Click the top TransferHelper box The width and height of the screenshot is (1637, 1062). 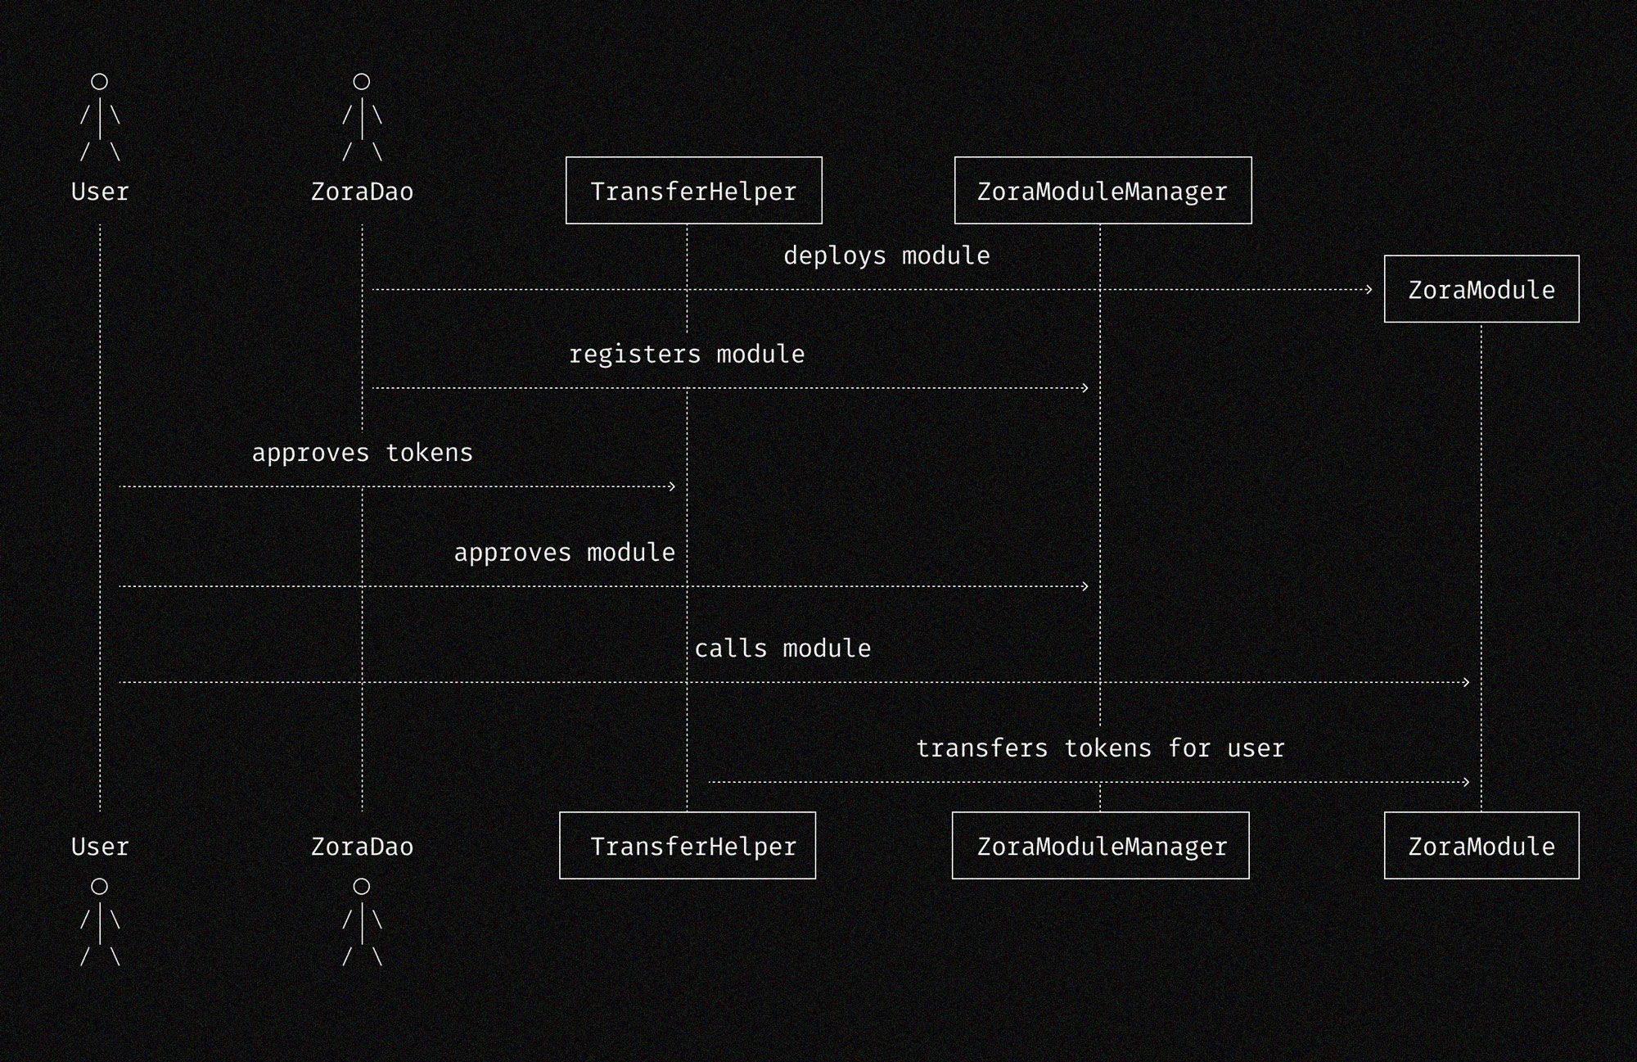pos(693,191)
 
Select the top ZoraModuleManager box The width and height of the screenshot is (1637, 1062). pos(1103,191)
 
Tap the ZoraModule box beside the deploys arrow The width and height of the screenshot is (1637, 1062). pos(1481,289)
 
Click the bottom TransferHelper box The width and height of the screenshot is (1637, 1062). pos(688,846)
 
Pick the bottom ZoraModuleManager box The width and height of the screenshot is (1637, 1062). pos(1100,846)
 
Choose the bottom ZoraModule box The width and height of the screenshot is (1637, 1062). pos(1481,846)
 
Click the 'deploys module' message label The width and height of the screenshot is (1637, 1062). pos(886,256)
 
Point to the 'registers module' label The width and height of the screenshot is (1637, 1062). pos(687,355)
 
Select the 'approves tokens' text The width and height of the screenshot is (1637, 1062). pos(362,453)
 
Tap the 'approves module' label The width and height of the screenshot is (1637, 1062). pos(565,553)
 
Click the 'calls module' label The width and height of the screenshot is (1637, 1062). pos(782,648)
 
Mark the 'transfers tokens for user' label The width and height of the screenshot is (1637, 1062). pos(1100,748)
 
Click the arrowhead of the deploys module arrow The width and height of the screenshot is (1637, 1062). pos(1369,289)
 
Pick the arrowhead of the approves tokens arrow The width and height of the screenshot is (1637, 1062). pos(672,486)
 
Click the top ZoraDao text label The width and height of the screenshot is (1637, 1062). pos(362,192)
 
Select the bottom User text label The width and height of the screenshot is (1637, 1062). pos(100,847)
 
